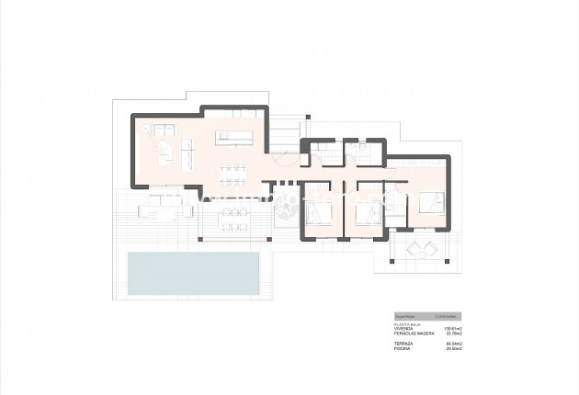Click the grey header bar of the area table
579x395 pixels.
coord(427,313)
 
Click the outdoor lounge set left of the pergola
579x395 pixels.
coord(162,209)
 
